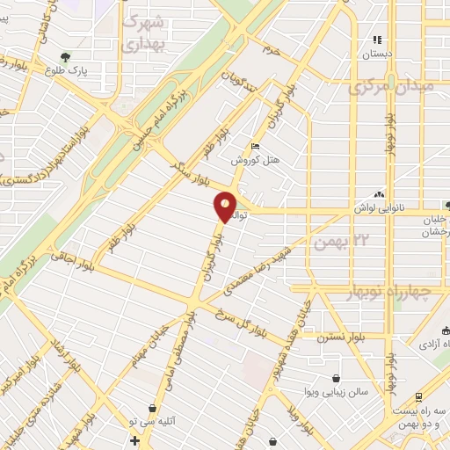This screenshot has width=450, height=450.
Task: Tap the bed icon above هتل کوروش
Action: point(256,147)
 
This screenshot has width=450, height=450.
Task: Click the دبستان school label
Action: point(378,53)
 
